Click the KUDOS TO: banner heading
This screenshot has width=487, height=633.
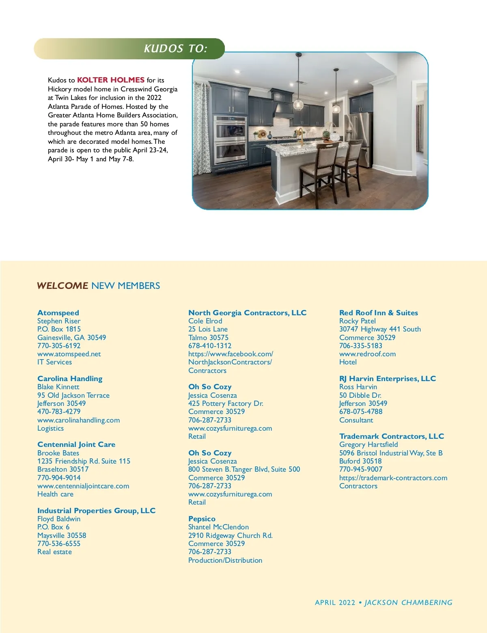click(x=175, y=49)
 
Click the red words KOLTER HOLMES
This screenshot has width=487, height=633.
click(x=111, y=80)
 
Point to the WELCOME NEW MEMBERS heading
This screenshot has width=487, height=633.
click(x=98, y=286)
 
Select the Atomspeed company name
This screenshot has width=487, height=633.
click(x=58, y=313)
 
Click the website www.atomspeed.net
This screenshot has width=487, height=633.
click(x=69, y=354)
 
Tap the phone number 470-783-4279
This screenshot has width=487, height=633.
click(x=59, y=412)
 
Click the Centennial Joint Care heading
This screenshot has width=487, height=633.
click(x=76, y=444)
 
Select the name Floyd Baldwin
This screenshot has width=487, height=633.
click(x=59, y=519)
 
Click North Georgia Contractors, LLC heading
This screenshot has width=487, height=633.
click(x=247, y=313)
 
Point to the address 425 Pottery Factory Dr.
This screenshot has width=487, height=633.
click(x=226, y=403)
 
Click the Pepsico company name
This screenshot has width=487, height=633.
click(x=202, y=519)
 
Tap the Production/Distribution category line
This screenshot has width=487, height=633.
click(x=225, y=560)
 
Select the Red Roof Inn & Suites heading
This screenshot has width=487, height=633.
click(x=378, y=313)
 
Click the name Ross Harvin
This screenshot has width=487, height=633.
click(x=358, y=387)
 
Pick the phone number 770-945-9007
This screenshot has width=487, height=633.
click(x=361, y=469)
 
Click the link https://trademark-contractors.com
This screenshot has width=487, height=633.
click(x=393, y=478)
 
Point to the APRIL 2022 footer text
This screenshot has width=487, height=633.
click(x=335, y=603)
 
